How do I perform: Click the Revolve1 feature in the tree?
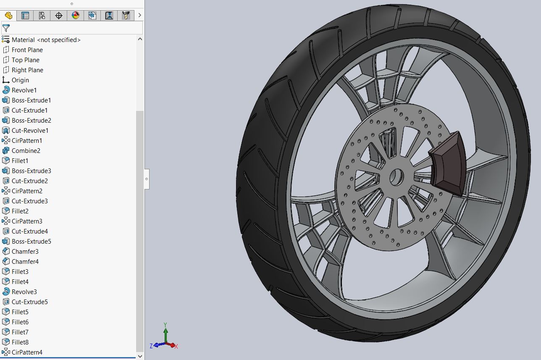[24, 90]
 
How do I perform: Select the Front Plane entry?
[27, 50]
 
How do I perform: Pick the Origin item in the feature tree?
[20, 80]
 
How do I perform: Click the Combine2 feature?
[26, 151]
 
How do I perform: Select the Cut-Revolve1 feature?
[30, 131]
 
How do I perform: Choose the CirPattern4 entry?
[27, 352]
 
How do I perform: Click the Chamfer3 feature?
[25, 252]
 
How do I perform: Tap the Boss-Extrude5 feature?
[31, 242]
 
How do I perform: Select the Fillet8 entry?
[20, 342]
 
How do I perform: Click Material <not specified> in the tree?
[46, 40]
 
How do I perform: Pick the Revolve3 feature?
[24, 292]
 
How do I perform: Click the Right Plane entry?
[27, 70]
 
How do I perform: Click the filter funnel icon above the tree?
[6, 28]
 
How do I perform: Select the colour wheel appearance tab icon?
[76, 16]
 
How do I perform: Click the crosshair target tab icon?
[59, 16]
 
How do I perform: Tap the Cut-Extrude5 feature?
[29, 302]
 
